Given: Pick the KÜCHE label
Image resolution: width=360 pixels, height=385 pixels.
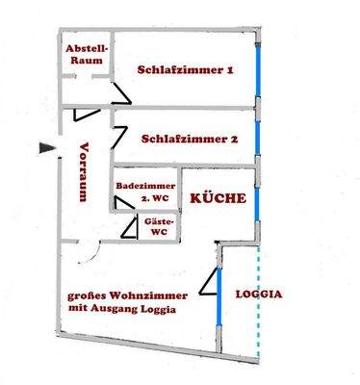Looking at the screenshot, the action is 217,198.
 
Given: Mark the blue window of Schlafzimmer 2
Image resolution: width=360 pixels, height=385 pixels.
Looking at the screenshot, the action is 257,136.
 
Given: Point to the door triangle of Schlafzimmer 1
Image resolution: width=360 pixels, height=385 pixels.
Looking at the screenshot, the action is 118,93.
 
